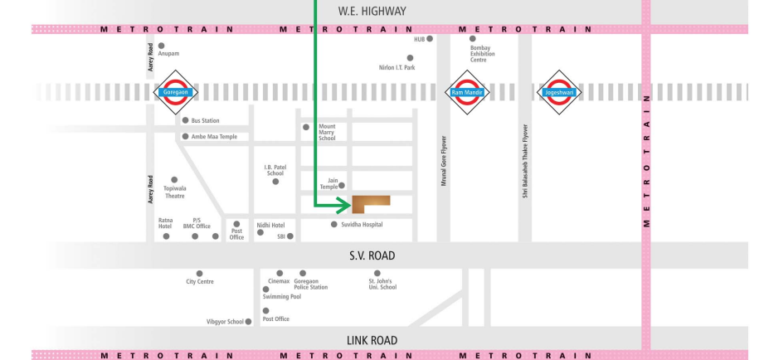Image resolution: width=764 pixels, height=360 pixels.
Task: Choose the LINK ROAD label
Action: point(372,340)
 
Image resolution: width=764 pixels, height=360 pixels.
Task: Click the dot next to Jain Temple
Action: point(341,186)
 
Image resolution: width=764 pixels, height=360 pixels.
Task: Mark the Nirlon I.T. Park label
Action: point(396,68)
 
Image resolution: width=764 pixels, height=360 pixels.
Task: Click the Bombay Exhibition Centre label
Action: point(484,54)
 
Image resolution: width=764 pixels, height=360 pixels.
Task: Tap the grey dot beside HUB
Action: point(429,39)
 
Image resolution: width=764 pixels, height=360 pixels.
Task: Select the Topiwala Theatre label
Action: point(174,192)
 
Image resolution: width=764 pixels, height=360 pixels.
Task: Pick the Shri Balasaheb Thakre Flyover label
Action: point(524,166)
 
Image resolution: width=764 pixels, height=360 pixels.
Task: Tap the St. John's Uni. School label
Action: point(382,285)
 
